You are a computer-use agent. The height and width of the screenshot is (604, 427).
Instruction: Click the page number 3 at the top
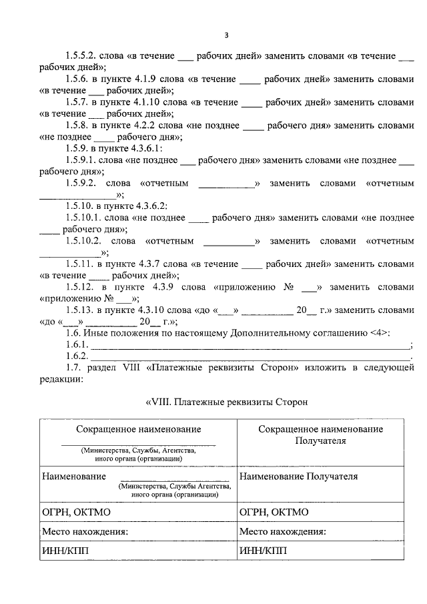(x=226, y=35)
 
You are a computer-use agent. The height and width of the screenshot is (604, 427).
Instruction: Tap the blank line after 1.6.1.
(x=251, y=345)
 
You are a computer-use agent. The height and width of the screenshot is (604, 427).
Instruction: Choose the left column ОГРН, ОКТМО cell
(x=77, y=512)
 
